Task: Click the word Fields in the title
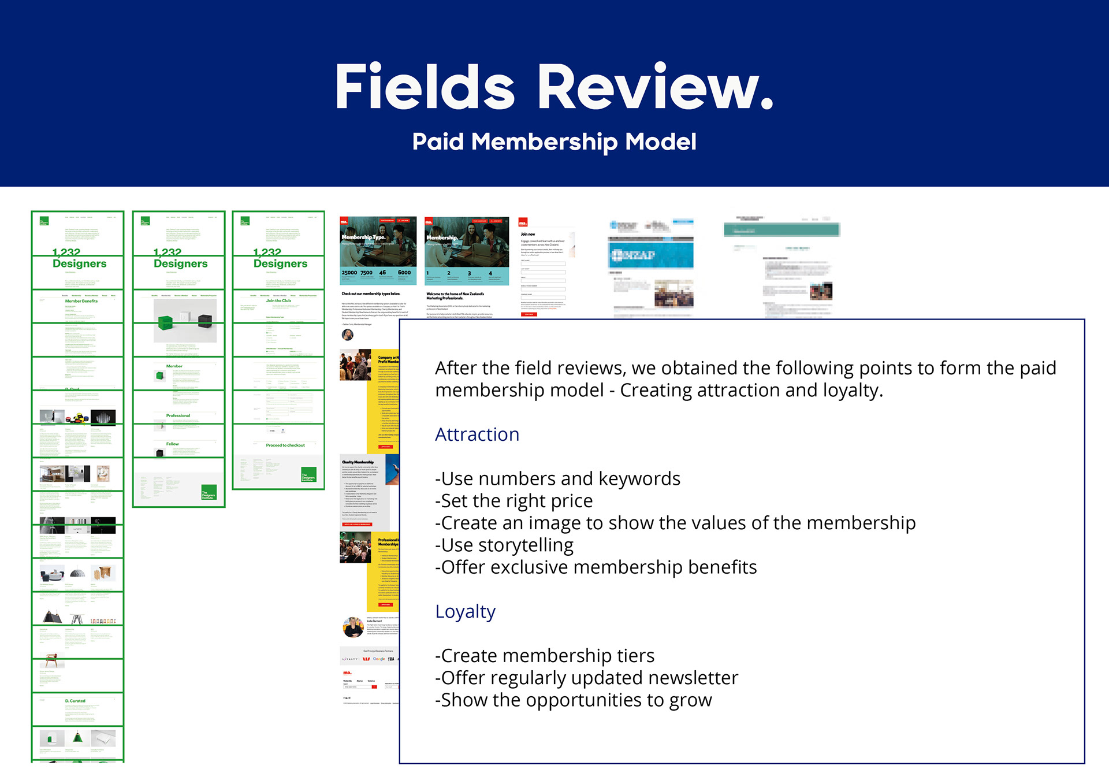(425, 88)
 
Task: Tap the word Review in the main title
(655, 88)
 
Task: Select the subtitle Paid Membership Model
(554, 142)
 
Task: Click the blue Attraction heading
(477, 434)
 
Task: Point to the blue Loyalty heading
(465, 611)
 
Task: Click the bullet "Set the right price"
(514, 501)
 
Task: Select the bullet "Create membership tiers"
(545, 656)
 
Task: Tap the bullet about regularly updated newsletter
(586, 678)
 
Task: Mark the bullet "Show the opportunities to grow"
(574, 700)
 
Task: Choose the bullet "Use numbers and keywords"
(557, 479)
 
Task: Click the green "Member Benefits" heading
(81, 301)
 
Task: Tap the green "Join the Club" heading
(278, 300)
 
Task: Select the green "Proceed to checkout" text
(285, 445)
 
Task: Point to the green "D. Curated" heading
(75, 701)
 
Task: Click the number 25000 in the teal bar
(349, 273)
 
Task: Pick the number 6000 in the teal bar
(404, 273)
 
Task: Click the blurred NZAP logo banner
(651, 255)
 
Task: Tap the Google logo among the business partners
(379, 659)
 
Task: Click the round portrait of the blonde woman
(352, 627)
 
